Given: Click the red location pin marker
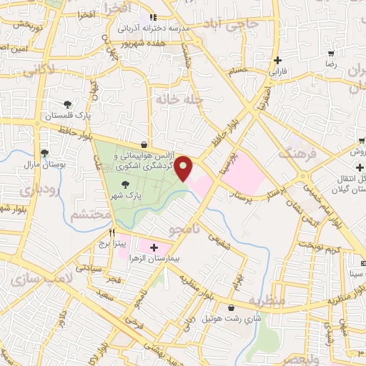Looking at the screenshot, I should pyautogui.click(x=184, y=169).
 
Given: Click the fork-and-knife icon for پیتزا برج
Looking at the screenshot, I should pyautogui.click(x=112, y=233).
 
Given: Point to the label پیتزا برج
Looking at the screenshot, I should pyautogui.click(x=112, y=244).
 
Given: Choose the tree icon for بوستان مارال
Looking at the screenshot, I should pyautogui.click(x=44, y=153).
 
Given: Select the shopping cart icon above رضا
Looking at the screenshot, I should pyautogui.click(x=330, y=54).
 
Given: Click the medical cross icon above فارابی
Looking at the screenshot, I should pyautogui.click(x=278, y=61).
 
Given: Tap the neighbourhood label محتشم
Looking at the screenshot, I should pyautogui.click(x=92, y=214).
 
